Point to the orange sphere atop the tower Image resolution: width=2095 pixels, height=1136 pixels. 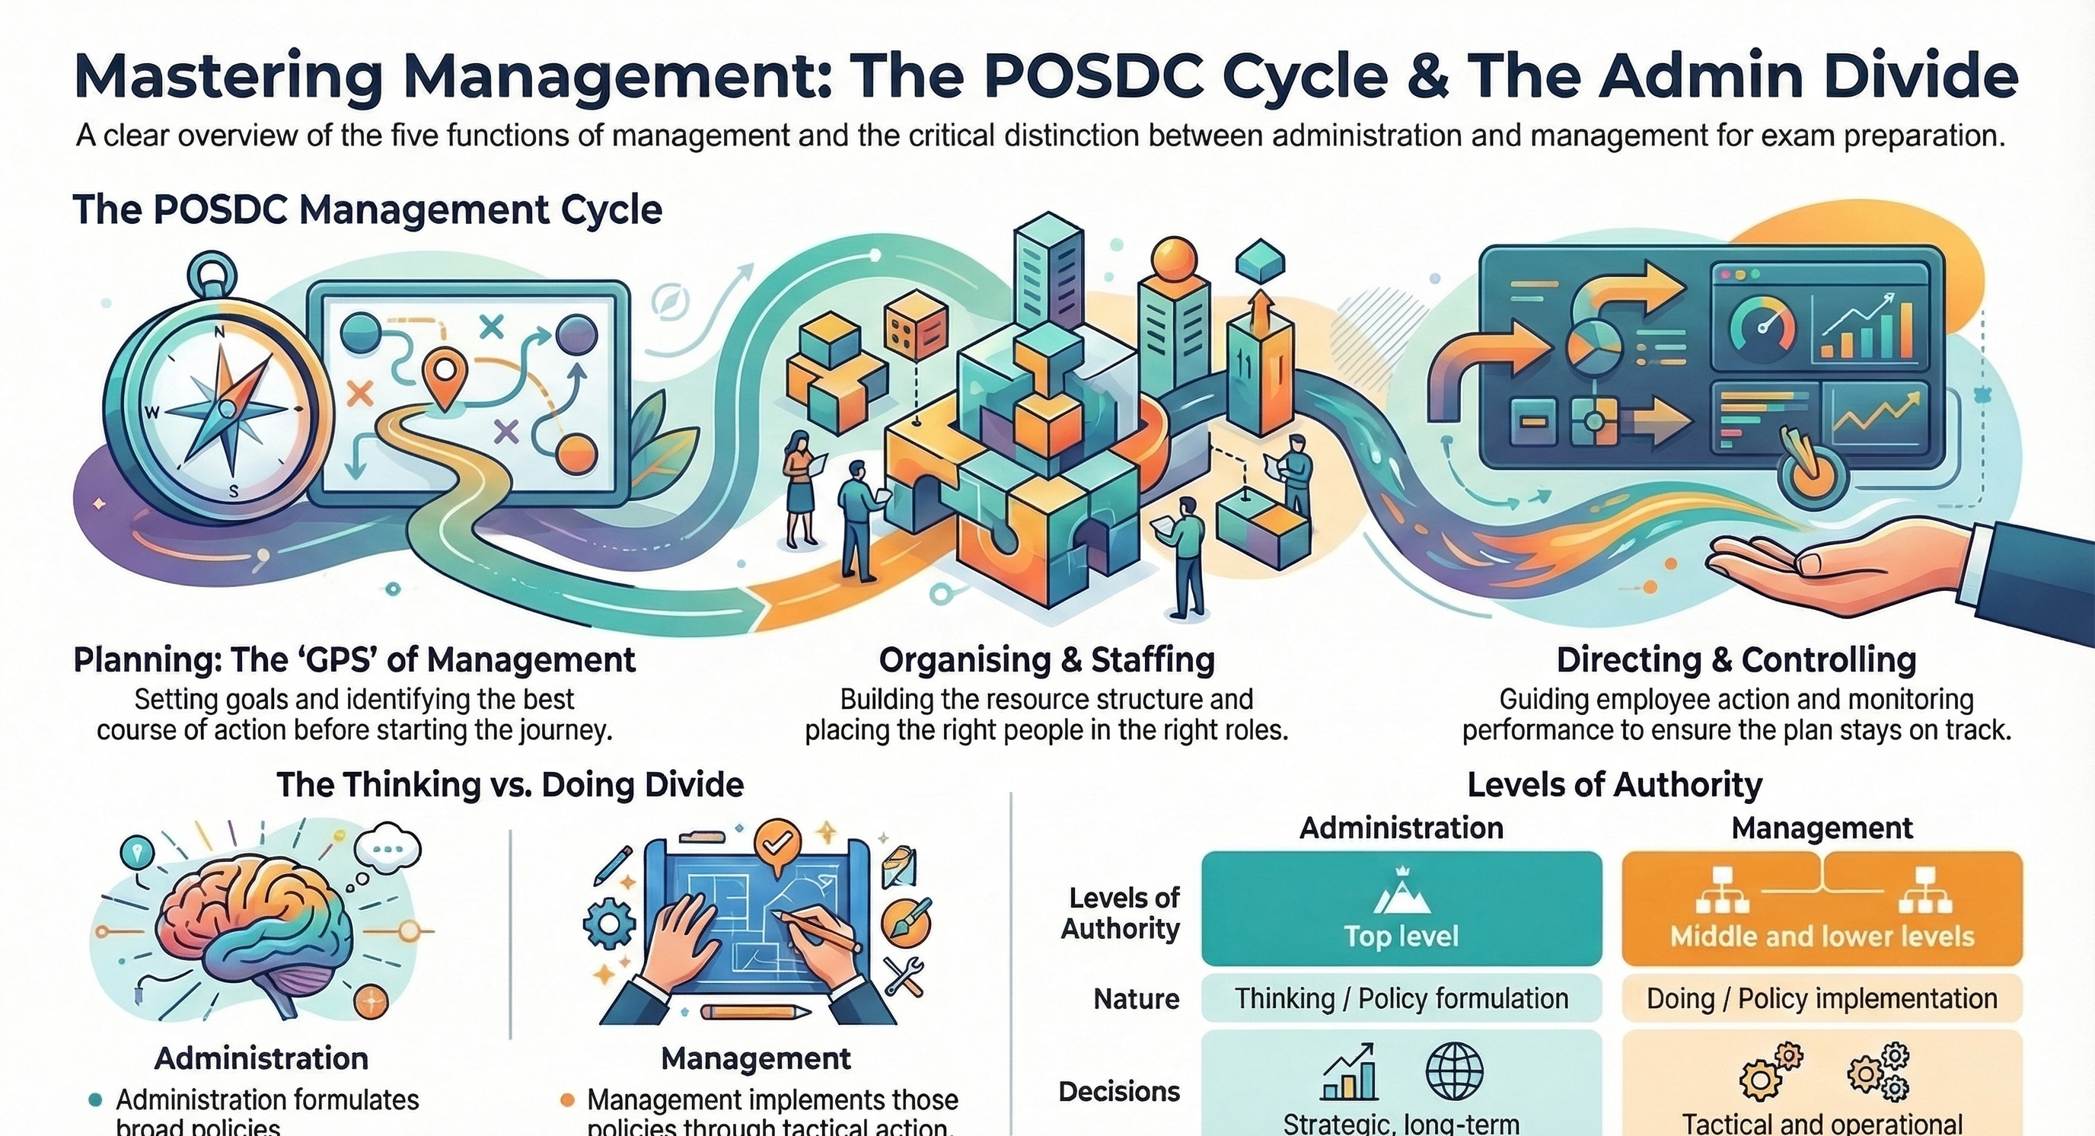click(x=1175, y=262)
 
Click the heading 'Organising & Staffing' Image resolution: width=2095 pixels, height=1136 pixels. click(x=1047, y=659)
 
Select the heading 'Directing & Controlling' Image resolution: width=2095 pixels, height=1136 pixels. click(x=1736, y=659)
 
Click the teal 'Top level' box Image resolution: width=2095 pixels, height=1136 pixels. click(x=1401, y=908)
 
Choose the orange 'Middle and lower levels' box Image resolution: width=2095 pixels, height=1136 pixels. click(x=1822, y=908)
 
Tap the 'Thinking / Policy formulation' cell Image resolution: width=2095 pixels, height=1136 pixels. click(x=1401, y=999)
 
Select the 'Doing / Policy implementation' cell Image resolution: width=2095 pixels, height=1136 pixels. click(x=1822, y=999)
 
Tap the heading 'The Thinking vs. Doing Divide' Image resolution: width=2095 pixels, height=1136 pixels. click(x=510, y=786)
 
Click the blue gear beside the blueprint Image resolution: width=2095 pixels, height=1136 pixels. click(x=609, y=925)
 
